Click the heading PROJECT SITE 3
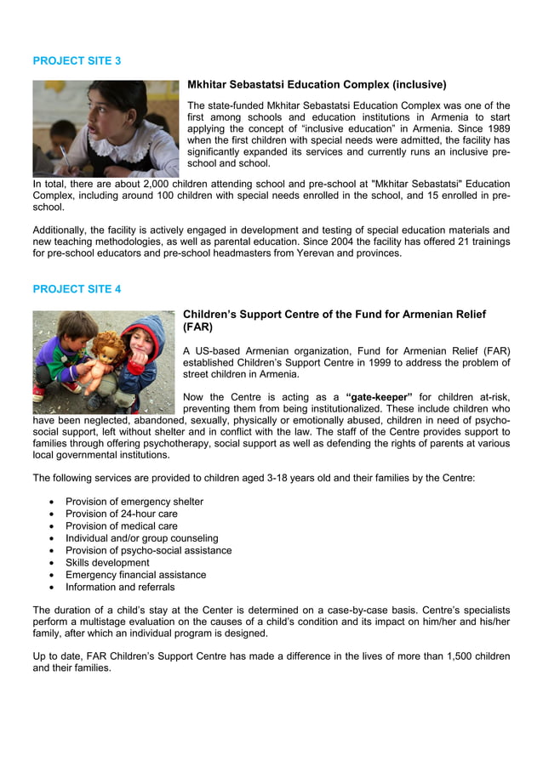pos(77,61)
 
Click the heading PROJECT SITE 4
pos(77,289)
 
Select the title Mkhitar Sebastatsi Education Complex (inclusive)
pos(317,85)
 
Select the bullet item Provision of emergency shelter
pos(134,502)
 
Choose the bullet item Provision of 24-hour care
pos(122,514)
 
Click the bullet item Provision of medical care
pos(122,526)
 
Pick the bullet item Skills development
pos(107,563)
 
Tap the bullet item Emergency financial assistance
pos(135,575)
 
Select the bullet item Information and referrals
pos(120,587)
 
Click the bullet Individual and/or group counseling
pos(141,538)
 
